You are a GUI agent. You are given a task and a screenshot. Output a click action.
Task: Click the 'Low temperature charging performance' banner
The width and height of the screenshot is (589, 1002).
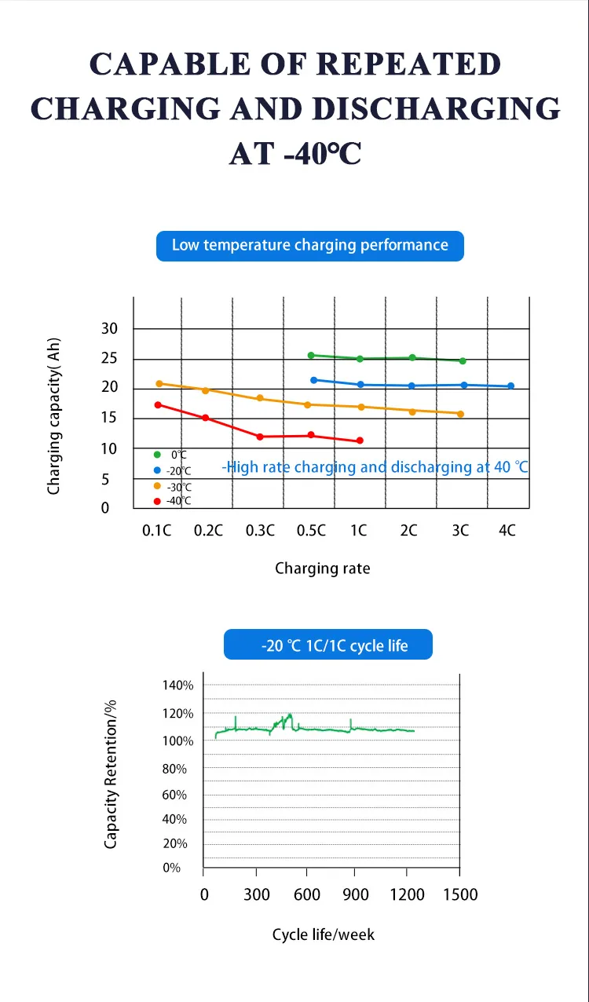coord(309,246)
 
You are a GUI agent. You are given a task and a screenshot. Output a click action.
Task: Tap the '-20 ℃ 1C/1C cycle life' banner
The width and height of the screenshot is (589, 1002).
coord(328,645)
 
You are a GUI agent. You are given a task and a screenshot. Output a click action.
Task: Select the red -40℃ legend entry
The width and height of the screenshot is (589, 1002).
coord(172,500)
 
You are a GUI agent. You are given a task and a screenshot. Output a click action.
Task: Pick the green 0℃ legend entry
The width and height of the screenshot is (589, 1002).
coord(170,455)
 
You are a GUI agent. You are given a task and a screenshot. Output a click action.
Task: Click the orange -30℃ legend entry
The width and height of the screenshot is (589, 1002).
coord(172,486)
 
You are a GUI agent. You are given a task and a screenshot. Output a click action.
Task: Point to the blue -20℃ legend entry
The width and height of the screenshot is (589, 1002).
coord(172,470)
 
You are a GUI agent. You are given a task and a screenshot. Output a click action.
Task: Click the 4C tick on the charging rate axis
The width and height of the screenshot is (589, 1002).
coord(507,530)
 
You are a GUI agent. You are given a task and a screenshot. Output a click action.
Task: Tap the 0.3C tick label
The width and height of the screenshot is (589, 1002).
coord(260,530)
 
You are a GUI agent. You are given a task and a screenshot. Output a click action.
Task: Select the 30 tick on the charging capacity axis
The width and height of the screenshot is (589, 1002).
coord(109,328)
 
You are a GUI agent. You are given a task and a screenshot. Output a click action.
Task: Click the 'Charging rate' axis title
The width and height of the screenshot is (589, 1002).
coord(322,568)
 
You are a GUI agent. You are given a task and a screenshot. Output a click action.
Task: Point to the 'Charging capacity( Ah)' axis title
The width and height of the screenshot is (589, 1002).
coord(54,416)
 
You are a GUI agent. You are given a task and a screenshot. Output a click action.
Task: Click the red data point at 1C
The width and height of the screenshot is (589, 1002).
coord(360,441)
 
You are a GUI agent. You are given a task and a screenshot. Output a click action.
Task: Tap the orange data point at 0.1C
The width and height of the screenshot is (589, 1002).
coord(159,384)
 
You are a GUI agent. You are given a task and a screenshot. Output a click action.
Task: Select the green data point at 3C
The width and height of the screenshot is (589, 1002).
coord(463,361)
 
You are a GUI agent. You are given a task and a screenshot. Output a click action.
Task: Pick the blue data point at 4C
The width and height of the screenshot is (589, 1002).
coord(511,386)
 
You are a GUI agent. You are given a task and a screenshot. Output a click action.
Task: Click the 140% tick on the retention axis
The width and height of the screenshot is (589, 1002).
coord(177,685)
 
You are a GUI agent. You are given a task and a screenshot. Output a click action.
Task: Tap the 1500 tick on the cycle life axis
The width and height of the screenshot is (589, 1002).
coord(459,894)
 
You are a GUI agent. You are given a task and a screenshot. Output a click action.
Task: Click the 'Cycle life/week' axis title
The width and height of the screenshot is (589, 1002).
coord(323,934)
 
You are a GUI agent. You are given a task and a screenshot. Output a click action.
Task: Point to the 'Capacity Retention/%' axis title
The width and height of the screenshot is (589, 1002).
coord(111,773)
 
